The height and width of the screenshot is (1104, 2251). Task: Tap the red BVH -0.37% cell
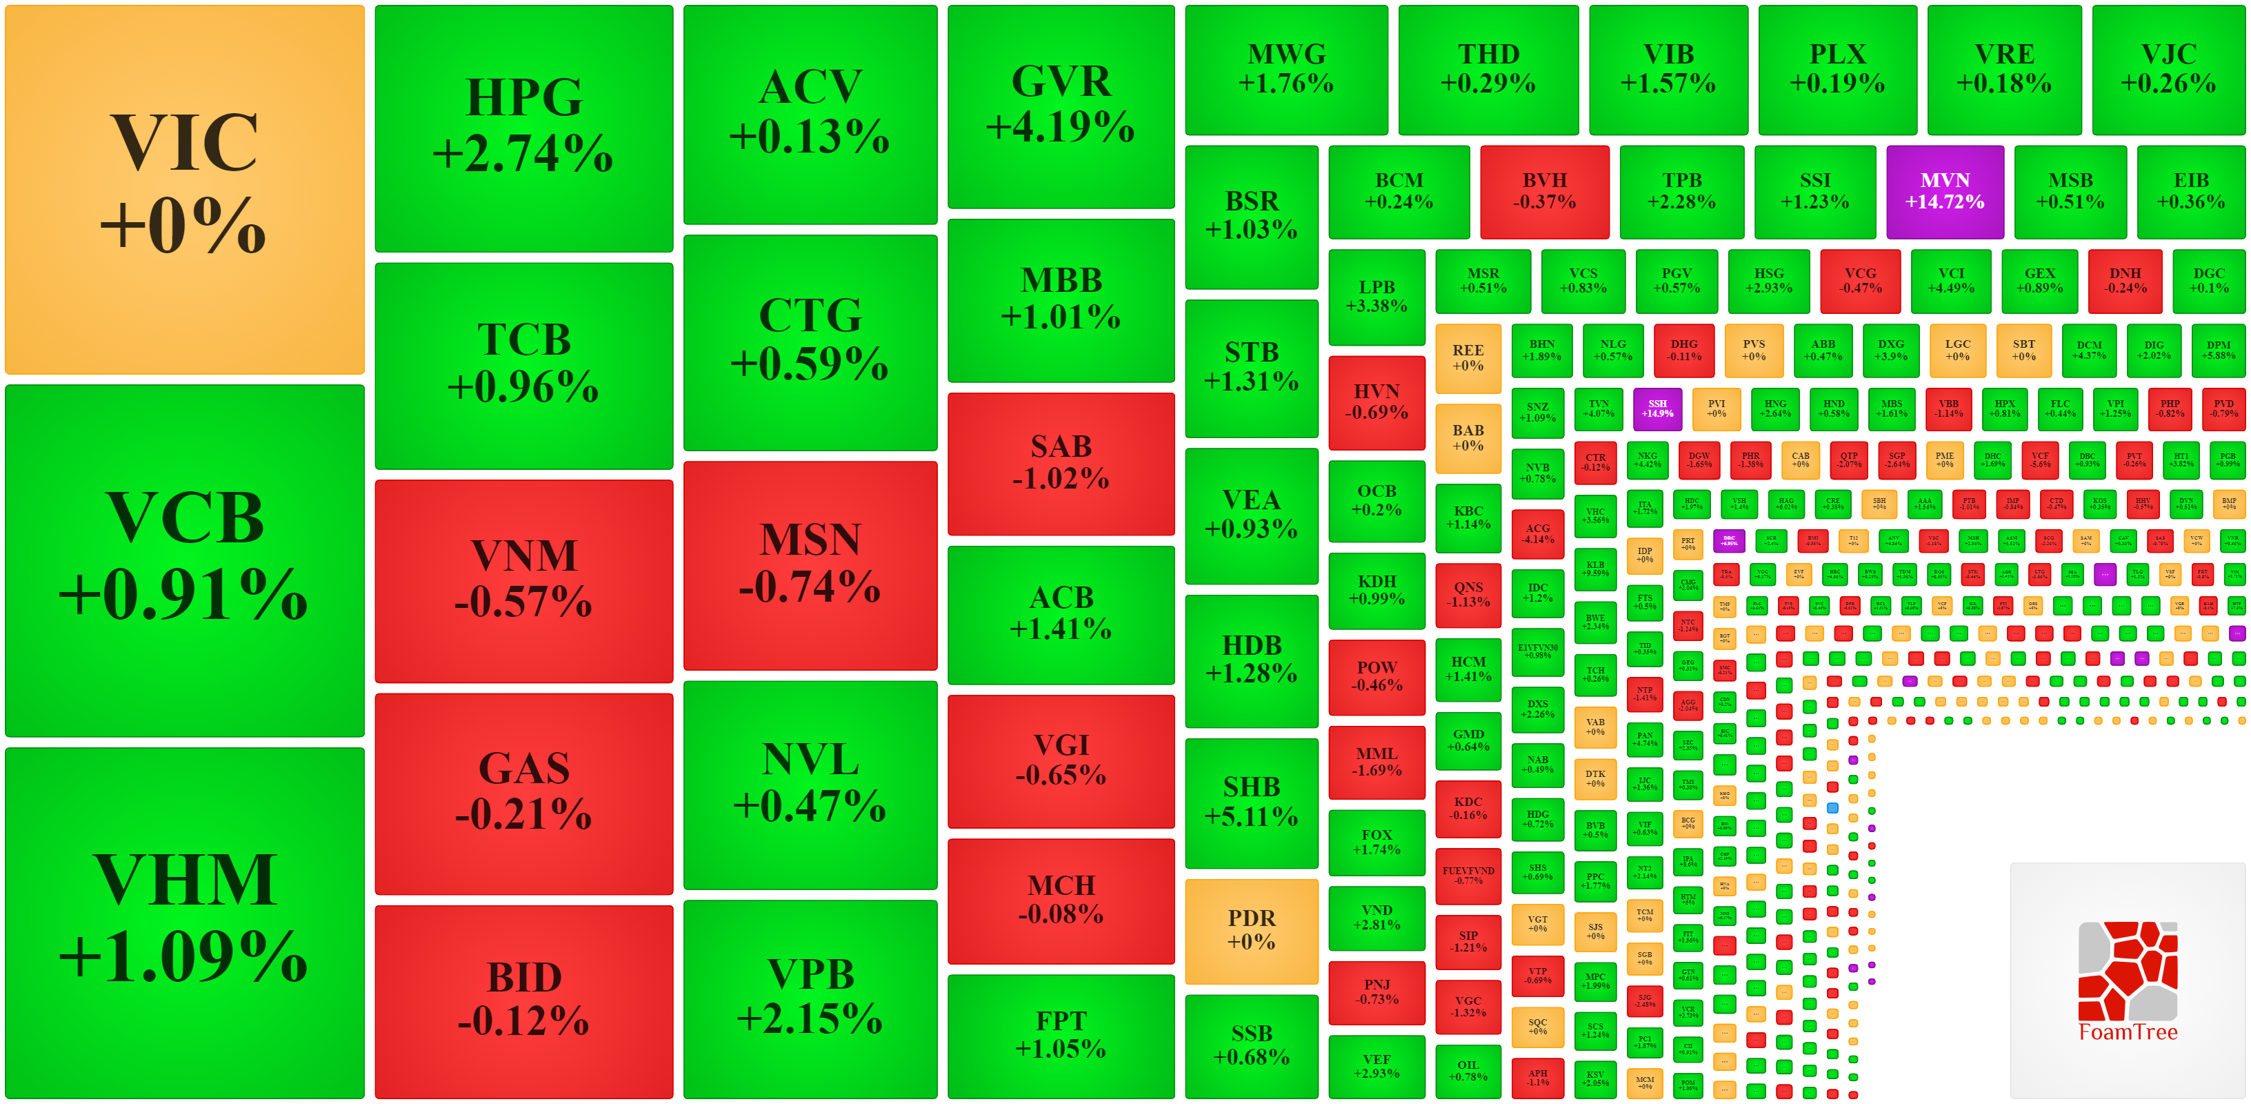coord(1544,191)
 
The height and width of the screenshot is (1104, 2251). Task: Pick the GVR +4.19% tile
coord(1061,106)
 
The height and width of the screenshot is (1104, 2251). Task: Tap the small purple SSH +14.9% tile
coord(1657,409)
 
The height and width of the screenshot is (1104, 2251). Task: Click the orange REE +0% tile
coord(1468,357)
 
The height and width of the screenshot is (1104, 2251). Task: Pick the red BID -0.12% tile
coord(523,1001)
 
